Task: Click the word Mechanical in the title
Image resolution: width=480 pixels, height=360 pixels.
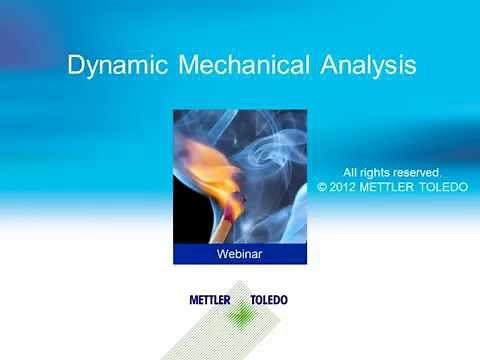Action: tap(242, 66)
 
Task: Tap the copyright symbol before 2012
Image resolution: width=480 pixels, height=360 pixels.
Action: tap(323, 186)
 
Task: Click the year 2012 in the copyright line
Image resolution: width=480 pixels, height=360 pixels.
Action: tap(345, 186)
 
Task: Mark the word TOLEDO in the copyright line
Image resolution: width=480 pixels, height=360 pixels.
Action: tap(446, 186)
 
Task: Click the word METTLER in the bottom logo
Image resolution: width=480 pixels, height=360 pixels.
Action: tap(210, 299)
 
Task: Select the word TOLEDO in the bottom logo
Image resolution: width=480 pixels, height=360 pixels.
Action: tap(267, 299)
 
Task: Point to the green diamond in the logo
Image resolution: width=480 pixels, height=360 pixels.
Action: tap(239, 315)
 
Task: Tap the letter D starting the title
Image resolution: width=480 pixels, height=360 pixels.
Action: tap(75, 67)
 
